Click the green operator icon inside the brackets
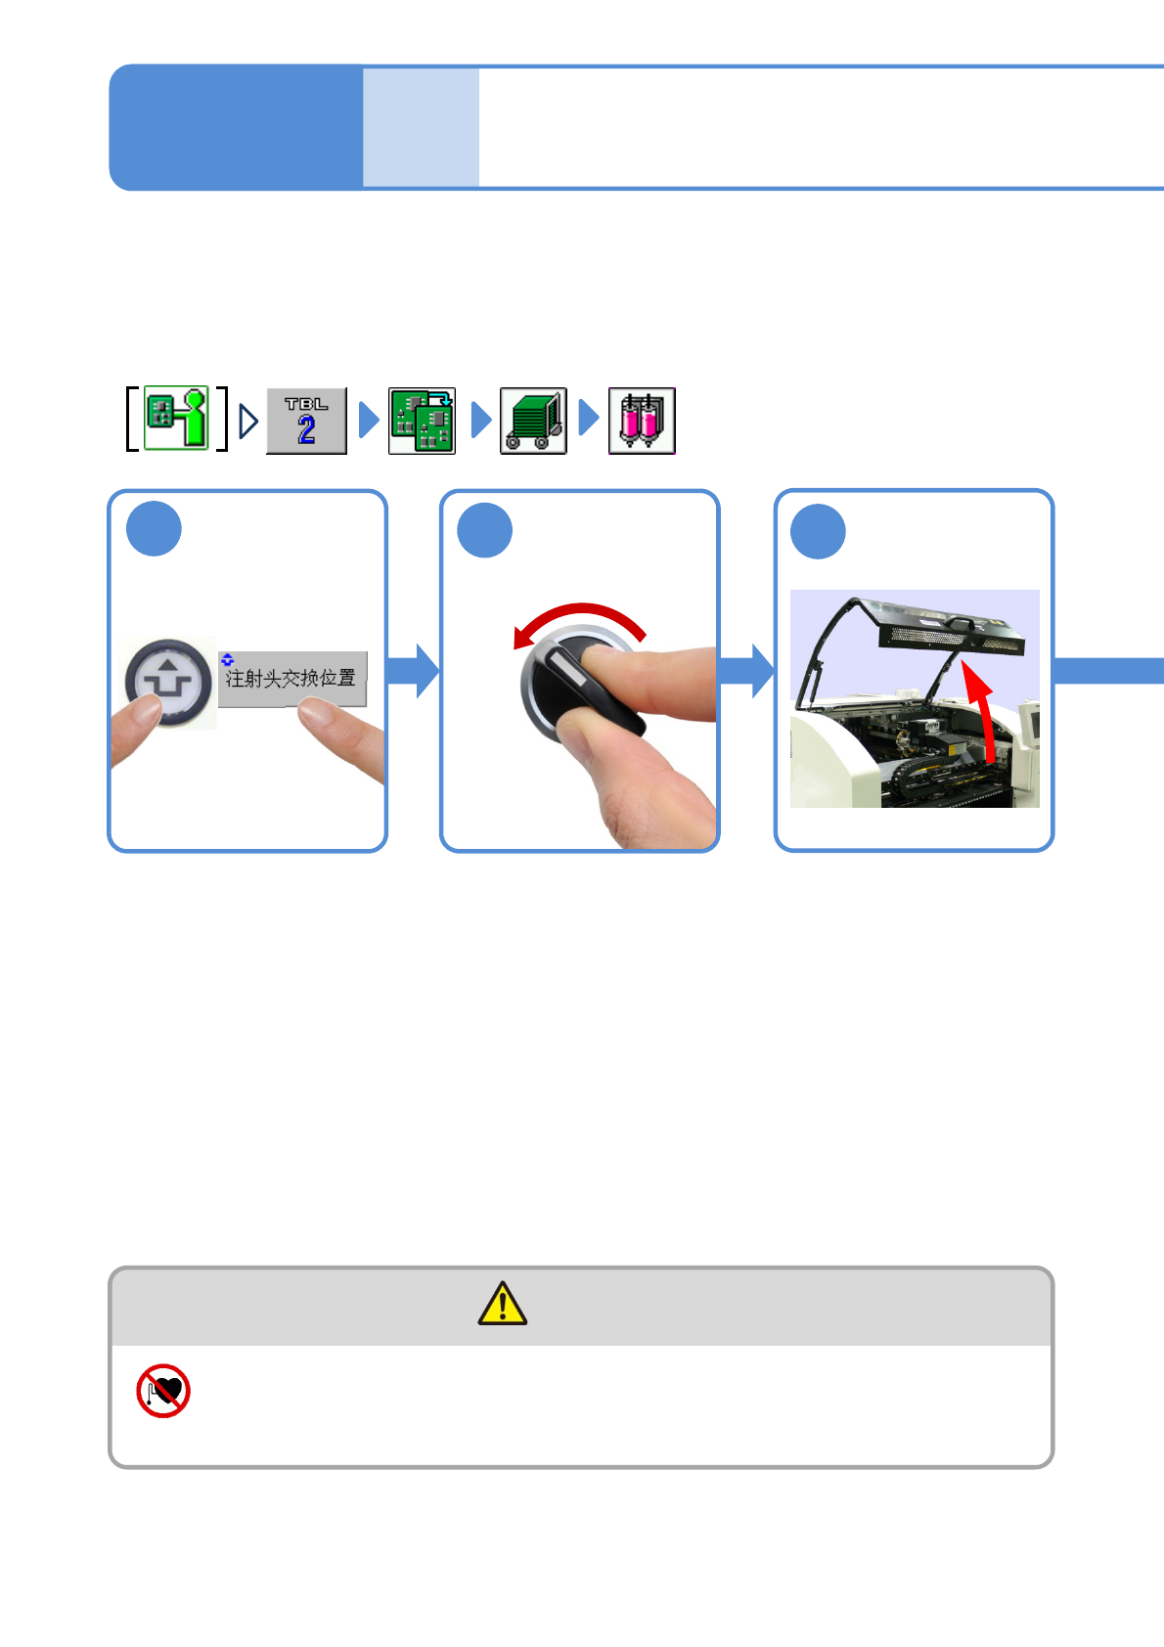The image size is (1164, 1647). [x=177, y=419]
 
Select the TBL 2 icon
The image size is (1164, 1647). [x=306, y=421]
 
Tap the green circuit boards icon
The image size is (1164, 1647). [x=422, y=421]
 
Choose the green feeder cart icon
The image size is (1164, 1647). [x=533, y=421]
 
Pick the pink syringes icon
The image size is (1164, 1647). [x=642, y=421]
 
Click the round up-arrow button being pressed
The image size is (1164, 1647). [x=169, y=681]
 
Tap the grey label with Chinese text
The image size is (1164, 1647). [x=291, y=677]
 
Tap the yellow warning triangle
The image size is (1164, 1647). [x=503, y=1304]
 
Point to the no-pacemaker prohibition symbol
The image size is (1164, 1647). [x=163, y=1390]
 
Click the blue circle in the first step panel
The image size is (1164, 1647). [x=154, y=529]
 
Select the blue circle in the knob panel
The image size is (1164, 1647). [x=485, y=530]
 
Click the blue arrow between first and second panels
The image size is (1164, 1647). [x=414, y=671]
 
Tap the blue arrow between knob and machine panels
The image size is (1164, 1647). [x=746, y=671]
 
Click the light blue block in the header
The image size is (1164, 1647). [x=421, y=127]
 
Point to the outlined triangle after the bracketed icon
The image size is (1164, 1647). [x=248, y=422]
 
